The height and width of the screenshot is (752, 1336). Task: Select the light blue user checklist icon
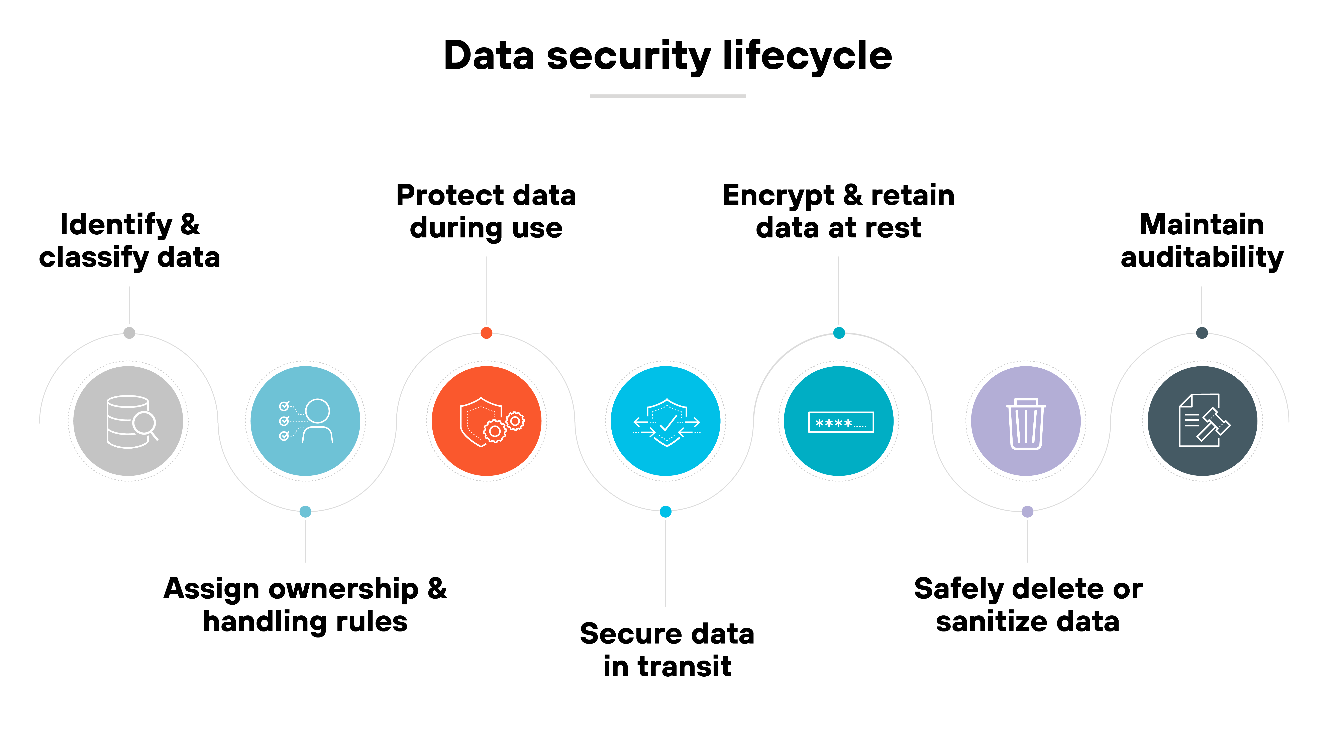click(305, 421)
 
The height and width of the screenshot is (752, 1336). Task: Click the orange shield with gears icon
click(487, 421)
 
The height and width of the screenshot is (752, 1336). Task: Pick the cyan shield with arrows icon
click(666, 421)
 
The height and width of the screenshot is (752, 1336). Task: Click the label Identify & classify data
click(130, 241)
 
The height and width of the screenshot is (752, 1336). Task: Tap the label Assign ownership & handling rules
click(305, 605)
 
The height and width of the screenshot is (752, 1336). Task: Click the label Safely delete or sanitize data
click(1028, 605)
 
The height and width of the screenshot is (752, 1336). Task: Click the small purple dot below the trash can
click(1027, 512)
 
